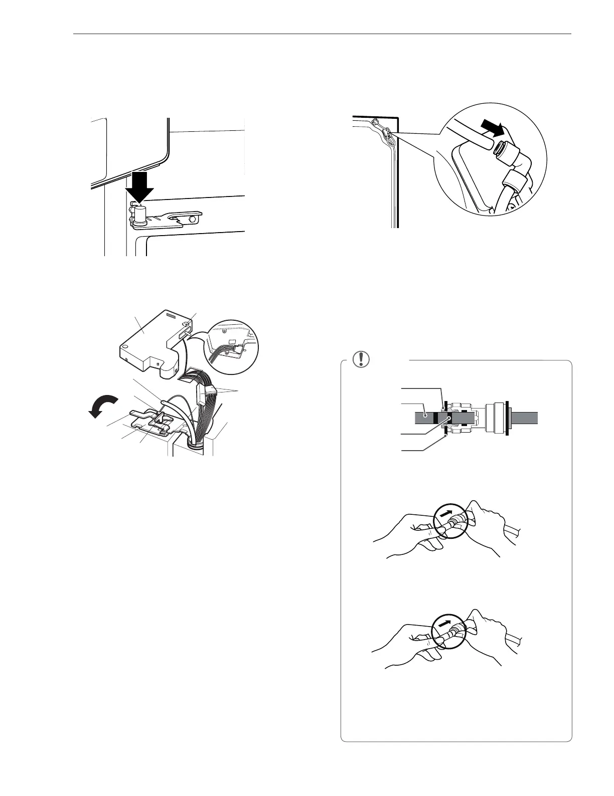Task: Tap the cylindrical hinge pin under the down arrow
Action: [140, 216]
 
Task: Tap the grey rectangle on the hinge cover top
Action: [172, 316]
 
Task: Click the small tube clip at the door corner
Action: [387, 135]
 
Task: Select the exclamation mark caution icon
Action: [360, 359]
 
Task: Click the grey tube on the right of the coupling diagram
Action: [524, 417]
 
